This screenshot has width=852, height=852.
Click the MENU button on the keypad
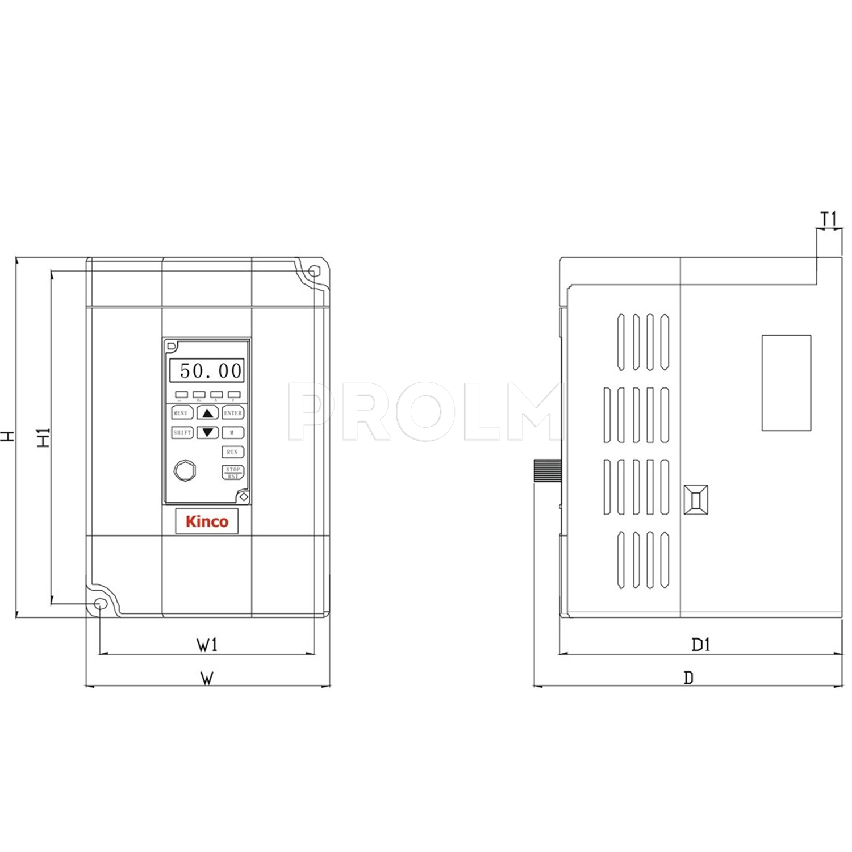181,413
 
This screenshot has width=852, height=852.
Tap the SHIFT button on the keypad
182,433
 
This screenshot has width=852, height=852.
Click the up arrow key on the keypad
208,413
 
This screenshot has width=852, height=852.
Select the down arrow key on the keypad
208,433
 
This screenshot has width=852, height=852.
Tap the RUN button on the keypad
232,452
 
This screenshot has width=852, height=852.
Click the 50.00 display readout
207,371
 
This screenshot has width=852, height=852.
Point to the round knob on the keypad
185,470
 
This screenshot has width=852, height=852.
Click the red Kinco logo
207,521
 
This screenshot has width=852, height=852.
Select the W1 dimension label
207,645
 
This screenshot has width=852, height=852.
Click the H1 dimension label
44,437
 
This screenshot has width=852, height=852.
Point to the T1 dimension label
829,219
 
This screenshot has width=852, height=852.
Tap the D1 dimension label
700,645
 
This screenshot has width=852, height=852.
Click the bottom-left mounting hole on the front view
100,604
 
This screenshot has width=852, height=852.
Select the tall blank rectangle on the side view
786,382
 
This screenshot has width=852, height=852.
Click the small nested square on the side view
696,500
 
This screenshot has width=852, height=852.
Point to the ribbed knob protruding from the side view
547,470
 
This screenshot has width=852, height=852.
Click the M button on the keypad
232,433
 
